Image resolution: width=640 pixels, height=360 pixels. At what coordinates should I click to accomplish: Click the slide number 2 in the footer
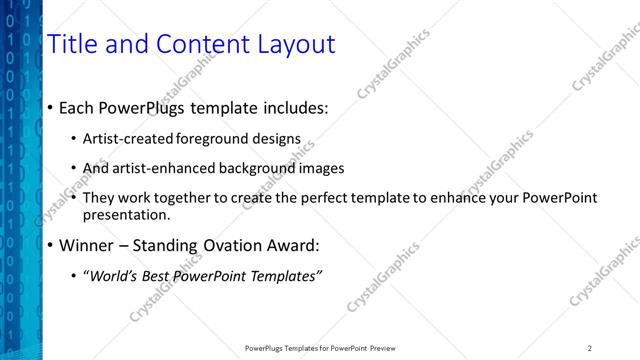click(x=589, y=348)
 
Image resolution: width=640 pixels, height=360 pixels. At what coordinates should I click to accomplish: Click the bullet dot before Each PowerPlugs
click(x=50, y=107)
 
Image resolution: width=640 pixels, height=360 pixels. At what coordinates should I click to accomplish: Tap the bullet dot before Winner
click(x=50, y=245)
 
